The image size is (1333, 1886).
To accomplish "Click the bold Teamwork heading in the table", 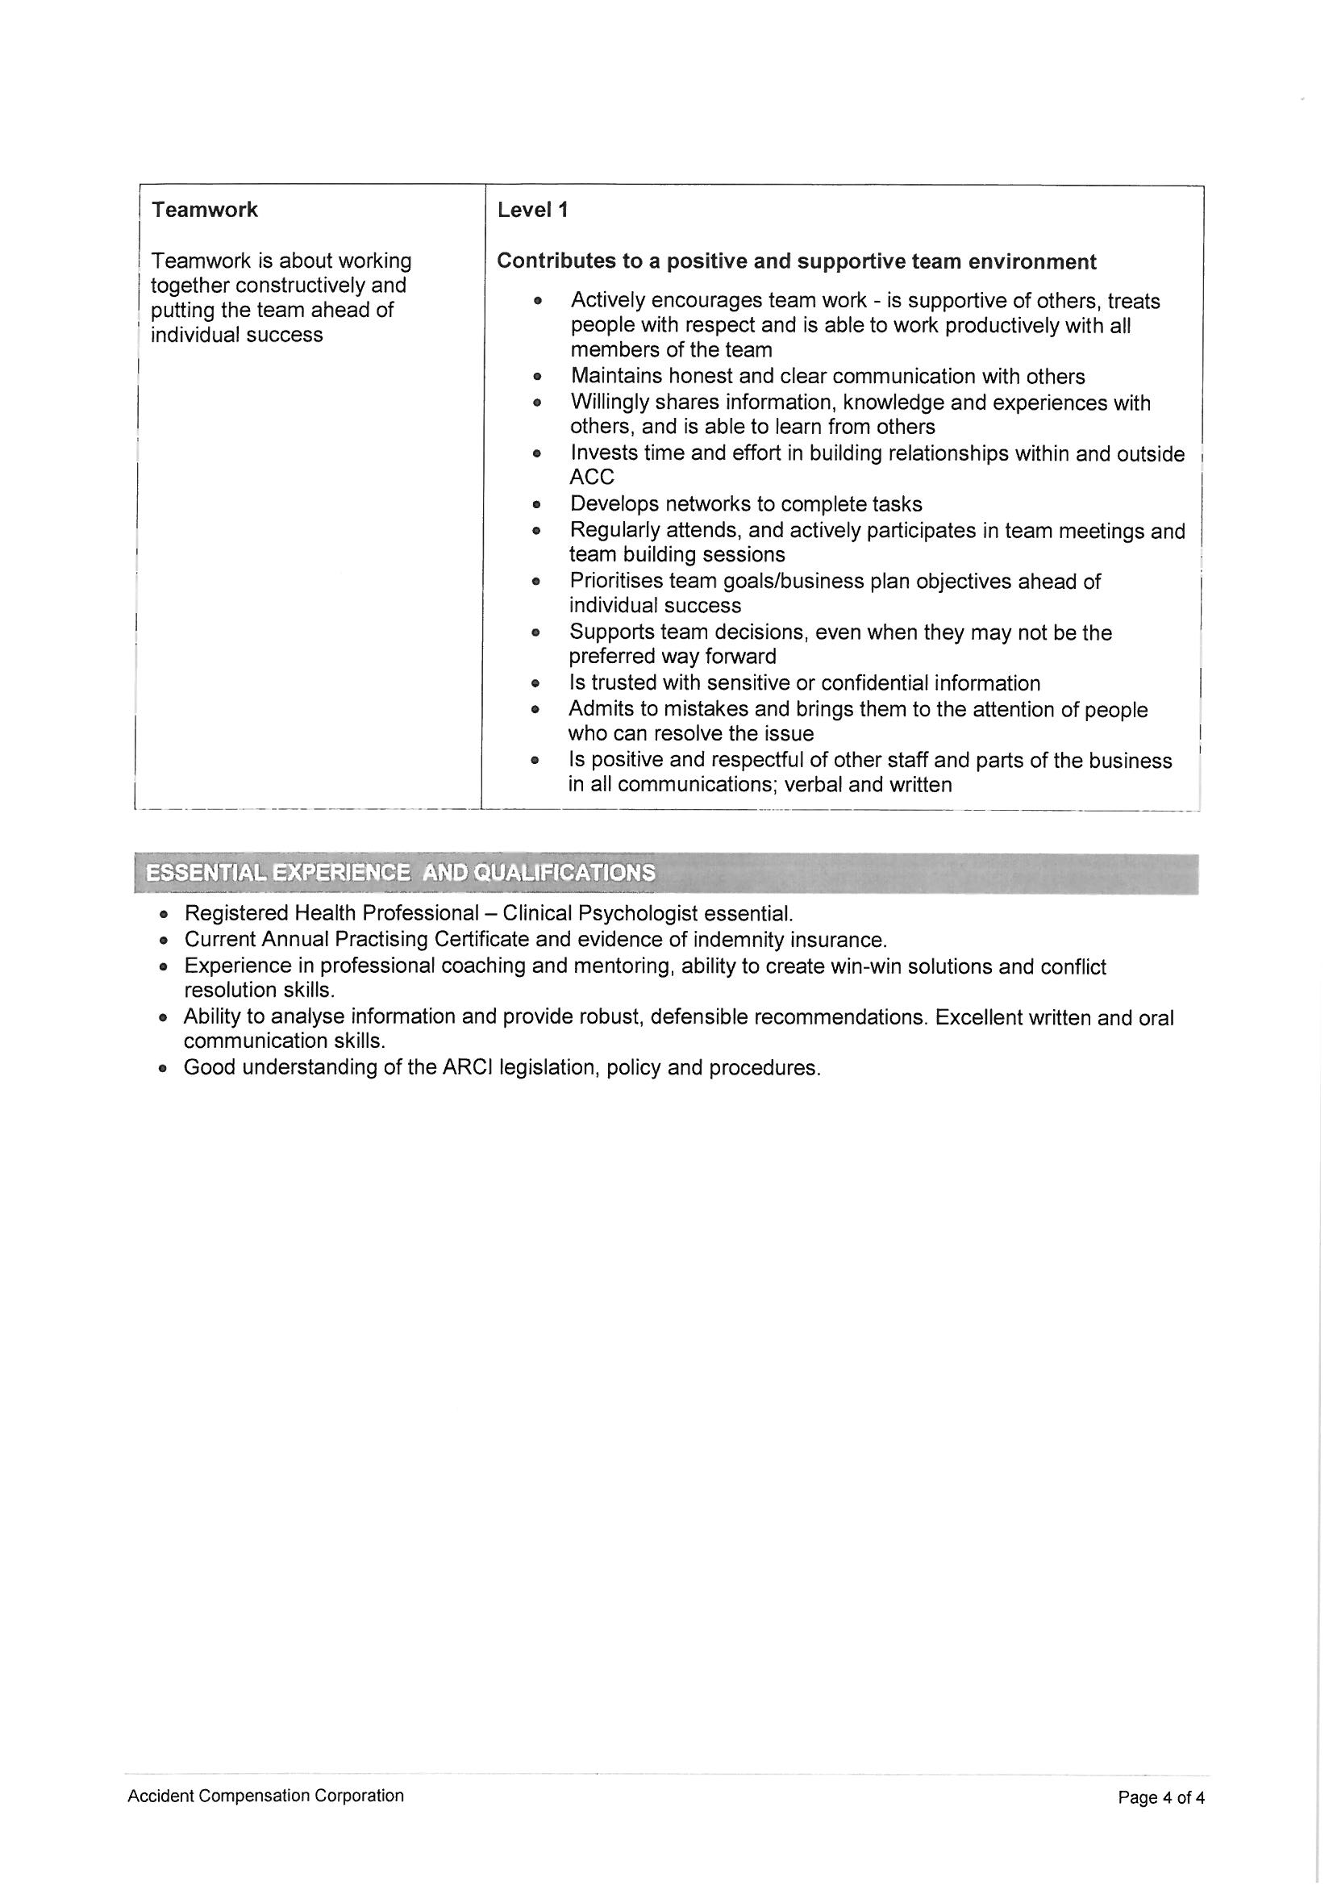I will [x=205, y=210].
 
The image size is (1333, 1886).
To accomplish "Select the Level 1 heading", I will [x=532, y=210].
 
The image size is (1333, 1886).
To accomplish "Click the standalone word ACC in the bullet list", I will [x=591, y=478].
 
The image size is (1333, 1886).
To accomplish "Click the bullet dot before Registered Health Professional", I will [x=165, y=914].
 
